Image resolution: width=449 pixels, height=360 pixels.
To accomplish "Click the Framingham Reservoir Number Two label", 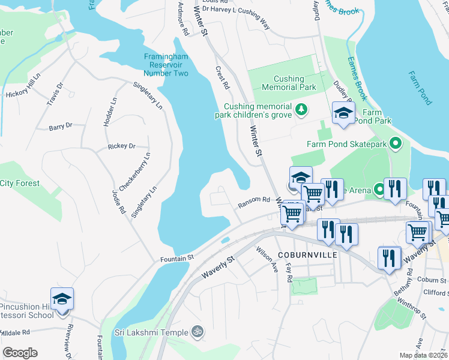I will (166, 65).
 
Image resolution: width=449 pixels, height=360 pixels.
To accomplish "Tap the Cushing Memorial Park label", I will (286, 83).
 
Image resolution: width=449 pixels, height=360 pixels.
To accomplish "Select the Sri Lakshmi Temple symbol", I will (196, 331).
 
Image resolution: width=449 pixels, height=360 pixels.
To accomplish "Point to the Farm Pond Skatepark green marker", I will (395, 144).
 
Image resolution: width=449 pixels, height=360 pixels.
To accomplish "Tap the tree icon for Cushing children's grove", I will (301, 109).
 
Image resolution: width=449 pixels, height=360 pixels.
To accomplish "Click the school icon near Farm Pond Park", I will (343, 113).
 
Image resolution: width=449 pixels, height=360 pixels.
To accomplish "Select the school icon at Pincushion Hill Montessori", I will (62, 299).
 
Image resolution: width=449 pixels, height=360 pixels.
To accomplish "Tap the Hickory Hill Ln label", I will (22, 94).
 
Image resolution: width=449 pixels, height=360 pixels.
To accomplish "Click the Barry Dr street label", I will (61, 126).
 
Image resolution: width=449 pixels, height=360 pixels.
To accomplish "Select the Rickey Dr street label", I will (122, 146).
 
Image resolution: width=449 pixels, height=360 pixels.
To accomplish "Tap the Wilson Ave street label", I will (267, 259).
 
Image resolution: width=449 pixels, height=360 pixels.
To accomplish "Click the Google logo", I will (20, 353).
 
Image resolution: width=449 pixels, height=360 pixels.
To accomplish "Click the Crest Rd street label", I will (223, 77).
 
